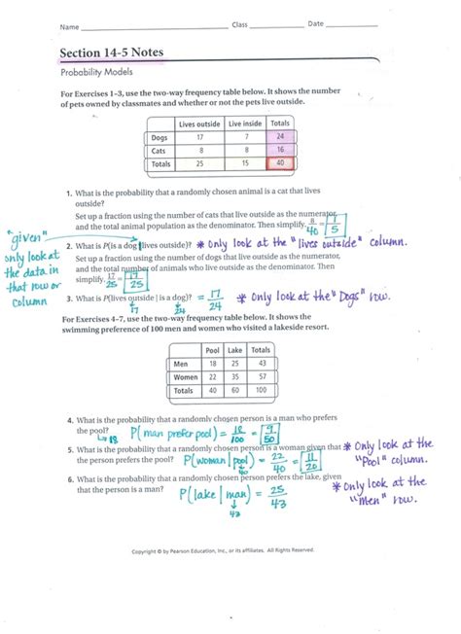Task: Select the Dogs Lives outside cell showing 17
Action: point(199,137)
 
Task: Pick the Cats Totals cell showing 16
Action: point(282,151)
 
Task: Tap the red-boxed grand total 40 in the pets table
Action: point(282,164)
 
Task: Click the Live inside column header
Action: point(245,123)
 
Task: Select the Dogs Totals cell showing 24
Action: point(282,137)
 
